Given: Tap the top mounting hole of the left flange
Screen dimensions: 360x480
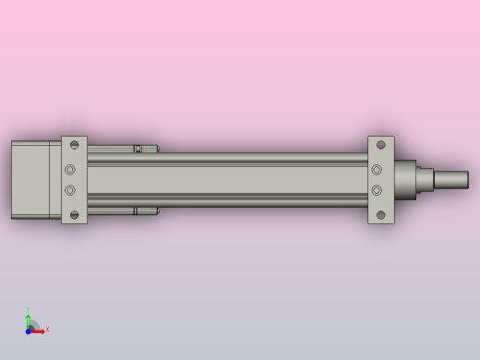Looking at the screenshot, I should click(75, 145).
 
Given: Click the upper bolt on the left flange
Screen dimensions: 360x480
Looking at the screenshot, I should click(70, 170).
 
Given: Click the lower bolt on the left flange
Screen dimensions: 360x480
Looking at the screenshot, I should click(70, 190).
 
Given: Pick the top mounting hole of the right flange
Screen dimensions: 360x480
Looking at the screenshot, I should click(380, 145).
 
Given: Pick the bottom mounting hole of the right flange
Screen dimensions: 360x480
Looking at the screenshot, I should click(380, 216).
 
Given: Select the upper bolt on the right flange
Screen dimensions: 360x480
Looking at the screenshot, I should click(377, 170).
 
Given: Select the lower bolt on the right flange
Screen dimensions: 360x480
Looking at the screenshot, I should click(377, 190).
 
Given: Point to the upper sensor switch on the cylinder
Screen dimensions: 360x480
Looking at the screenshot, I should click(138, 149).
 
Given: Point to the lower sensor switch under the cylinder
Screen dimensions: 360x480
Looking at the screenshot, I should click(138, 210).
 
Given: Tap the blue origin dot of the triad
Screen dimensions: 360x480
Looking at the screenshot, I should click(29, 330).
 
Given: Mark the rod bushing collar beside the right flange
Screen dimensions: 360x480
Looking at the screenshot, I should click(406, 180).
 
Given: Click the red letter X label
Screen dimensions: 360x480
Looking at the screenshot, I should click(47, 329).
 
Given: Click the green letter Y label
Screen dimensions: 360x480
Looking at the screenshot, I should click(28, 310).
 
